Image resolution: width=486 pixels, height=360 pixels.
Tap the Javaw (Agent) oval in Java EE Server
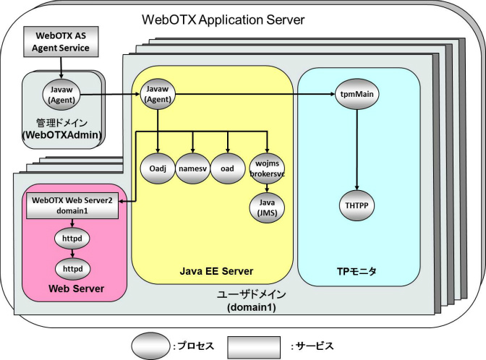[x=157, y=93]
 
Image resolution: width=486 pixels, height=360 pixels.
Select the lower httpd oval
[x=72, y=268]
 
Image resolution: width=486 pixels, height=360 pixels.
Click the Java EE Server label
[x=216, y=271]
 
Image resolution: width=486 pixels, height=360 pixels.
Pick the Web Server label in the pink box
[x=72, y=289]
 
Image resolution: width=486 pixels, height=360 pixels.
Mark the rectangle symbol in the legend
[x=255, y=346]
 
